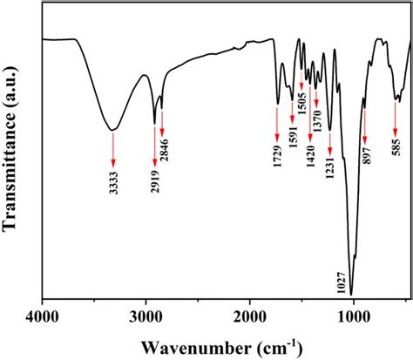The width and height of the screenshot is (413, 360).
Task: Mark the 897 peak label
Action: (366, 163)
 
